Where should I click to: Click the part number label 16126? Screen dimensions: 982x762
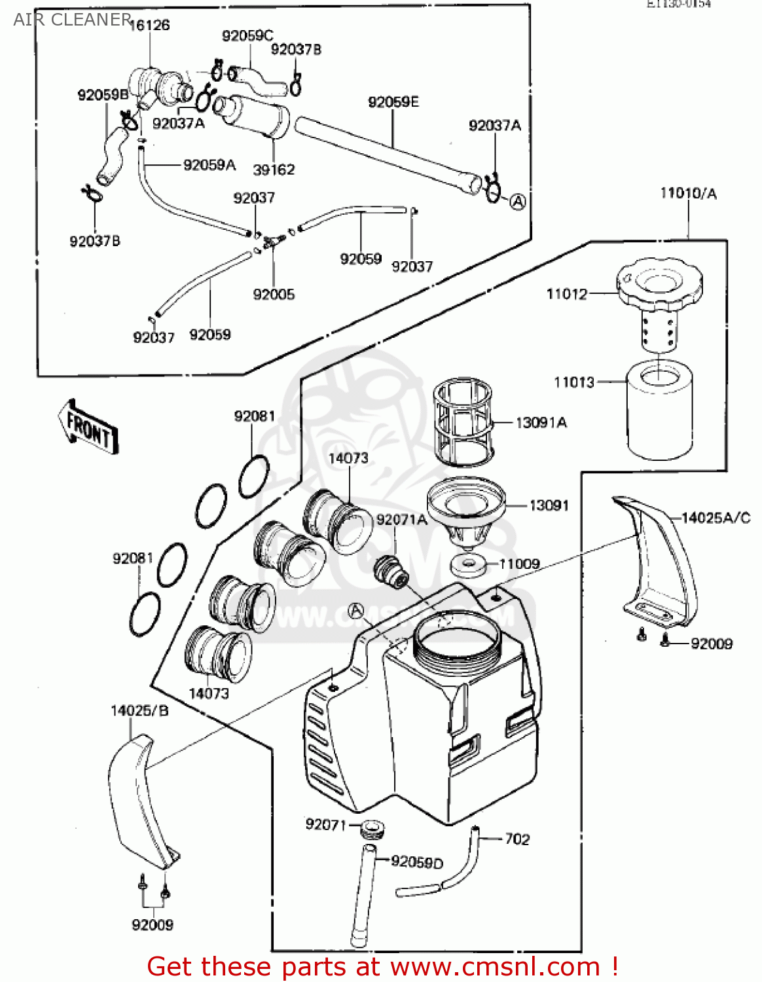coord(149,25)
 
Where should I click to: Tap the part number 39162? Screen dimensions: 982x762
coord(274,170)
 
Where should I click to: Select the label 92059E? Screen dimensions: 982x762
coord(393,102)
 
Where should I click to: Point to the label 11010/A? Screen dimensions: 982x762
coord(688,193)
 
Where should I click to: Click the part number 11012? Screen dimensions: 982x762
coord(567,294)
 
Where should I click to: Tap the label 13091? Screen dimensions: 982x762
coord(549,505)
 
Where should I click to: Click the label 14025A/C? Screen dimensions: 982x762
coord(716,518)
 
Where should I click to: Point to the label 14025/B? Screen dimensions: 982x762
coord(139,710)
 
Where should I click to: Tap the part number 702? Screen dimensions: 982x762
coord(517,839)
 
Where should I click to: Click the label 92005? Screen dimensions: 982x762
coord(274,295)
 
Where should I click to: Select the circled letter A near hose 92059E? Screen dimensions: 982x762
coord(517,202)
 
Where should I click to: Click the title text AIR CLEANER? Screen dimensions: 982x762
coord(72,20)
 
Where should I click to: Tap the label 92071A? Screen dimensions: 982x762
coord(401,520)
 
